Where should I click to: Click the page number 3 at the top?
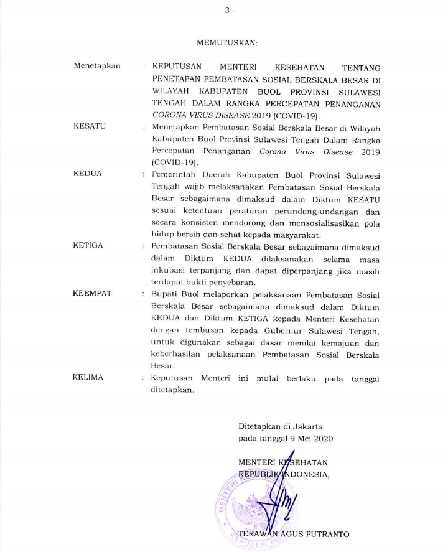coord(225,11)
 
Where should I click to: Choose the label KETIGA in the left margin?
coord(88,246)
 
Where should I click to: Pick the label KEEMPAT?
coord(92,294)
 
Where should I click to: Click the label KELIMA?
coord(88,378)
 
